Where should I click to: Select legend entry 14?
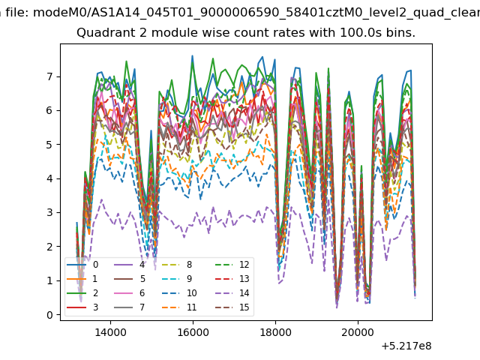click(232, 293)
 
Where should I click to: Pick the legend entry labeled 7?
click(130, 307)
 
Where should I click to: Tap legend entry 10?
click(181, 293)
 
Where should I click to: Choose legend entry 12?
click(232, 265)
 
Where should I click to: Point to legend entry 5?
click(130, 279)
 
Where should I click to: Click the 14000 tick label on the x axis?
click(110, 332)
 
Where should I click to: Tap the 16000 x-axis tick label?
click(193, 332)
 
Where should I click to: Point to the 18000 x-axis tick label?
click(275, 332)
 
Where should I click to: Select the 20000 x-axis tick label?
click(358, 332)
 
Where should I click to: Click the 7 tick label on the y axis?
click(49, 76)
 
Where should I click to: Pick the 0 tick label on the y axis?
click(49, 315)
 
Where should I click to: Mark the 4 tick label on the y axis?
click(49, 178)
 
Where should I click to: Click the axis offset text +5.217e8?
click(406, 346)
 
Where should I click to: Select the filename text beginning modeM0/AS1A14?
click(256, 13)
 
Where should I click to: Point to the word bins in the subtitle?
click(400, 33)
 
